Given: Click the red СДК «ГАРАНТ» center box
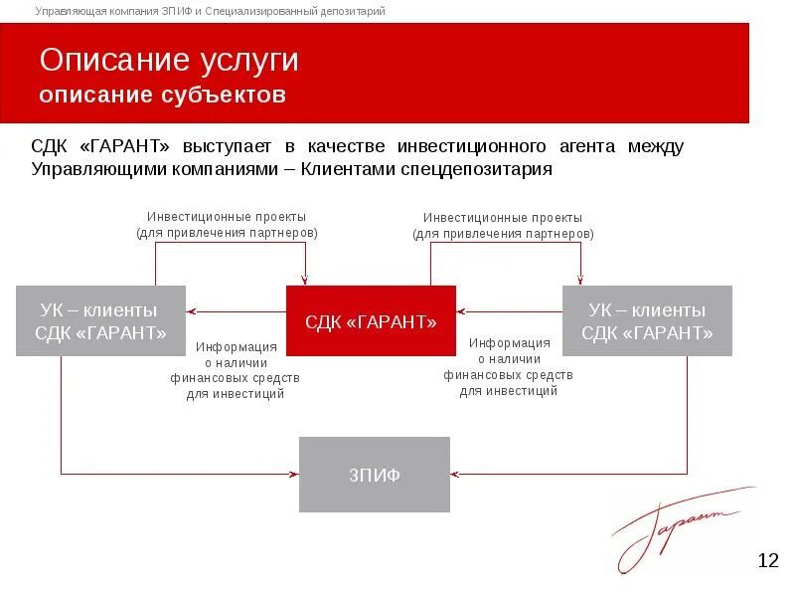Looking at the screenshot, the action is [371, 320].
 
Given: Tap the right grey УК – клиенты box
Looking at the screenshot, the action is [647, 320].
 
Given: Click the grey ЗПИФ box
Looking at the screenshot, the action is [375, 475].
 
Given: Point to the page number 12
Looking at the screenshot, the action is [767, 561].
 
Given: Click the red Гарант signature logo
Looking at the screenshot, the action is [676, 527].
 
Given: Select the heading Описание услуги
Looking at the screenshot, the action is [169, 60].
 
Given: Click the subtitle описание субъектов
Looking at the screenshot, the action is [163, 96].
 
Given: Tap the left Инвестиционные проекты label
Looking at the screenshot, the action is [227, 224].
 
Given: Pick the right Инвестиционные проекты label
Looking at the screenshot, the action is [503, 224].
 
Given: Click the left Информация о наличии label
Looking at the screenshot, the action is [236, 370].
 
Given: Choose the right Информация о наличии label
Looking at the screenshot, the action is [509, 367].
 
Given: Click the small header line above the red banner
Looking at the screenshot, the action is [211, 11].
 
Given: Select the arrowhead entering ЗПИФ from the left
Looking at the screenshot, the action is [295, 474].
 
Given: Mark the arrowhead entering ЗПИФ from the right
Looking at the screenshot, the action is [454, 474].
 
